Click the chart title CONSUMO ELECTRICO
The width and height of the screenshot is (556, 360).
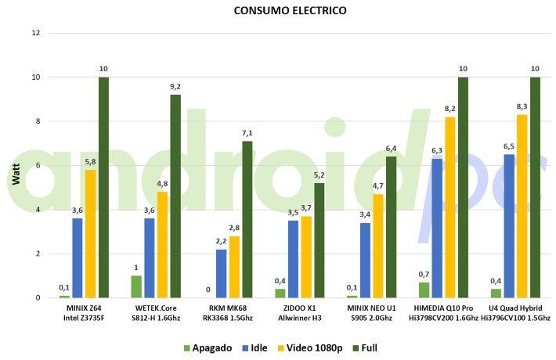pos(290,10)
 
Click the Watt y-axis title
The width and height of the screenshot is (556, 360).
pos(16,174)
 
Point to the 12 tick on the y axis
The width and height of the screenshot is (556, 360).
pos(36,33)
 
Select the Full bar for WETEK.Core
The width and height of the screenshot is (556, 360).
pos(175,196)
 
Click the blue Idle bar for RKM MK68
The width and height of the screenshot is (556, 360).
pos(222,274)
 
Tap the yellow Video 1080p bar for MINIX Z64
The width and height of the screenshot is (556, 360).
pos(90,233)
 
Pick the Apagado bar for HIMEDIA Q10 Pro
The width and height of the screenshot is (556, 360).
pos(424,290)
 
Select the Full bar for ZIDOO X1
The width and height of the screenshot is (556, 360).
pos(320,240)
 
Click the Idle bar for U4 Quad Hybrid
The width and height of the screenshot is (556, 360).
pos(509,226)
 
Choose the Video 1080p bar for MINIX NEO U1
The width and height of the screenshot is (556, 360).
pos(378,246)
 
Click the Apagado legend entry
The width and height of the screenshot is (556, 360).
pos(208,348)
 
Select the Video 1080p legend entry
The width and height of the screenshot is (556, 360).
pos(310,348)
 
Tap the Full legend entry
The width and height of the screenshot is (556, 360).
pos(365,348)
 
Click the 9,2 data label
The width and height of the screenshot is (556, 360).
pos(175,86)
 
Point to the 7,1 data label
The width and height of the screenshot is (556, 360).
pos(247,133)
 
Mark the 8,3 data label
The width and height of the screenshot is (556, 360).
pos(522,106)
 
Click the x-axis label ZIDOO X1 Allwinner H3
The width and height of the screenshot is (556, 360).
pos(300,313)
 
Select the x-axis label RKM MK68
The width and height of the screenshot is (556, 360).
pos(228,308)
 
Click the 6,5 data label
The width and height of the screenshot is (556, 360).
pos(508,146)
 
